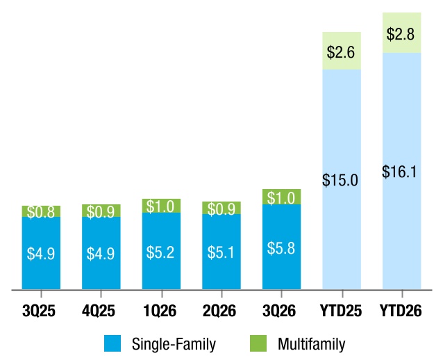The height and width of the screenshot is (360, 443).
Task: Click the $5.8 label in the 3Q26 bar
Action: pos(281,248)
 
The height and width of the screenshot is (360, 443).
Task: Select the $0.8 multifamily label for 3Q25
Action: pos(41,212)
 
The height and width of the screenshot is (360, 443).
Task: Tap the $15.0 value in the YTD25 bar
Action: pos(340,180)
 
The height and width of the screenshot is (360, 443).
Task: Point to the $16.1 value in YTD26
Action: pos(399,172)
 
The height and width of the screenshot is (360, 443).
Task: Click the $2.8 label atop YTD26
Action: pos(401,34)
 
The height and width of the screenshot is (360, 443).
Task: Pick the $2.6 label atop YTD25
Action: pos(341,52)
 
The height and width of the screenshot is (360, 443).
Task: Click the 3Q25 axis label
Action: pos(39,311)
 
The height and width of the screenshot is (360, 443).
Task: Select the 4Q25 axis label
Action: pos(99,311)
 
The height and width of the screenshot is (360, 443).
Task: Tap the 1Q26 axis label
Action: pos(160,311)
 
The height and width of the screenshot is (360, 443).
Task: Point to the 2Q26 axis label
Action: pos(219,311)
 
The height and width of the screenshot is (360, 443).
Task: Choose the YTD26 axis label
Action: pos(401,311)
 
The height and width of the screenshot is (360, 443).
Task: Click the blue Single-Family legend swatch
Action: pos(112,343)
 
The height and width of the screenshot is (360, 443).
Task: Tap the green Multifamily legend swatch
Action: pos(258,343)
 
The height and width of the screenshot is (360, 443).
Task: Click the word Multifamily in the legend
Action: pos(312,344)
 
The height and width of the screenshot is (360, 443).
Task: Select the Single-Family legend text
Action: pos(174,344)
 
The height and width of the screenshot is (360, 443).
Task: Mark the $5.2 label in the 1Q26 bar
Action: pos(160,252)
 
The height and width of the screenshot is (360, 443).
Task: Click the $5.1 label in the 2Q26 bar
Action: pos(221,252)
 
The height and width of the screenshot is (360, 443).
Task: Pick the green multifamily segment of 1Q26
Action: pos(161,206)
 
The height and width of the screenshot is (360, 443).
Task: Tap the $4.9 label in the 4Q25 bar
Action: pos(101,254)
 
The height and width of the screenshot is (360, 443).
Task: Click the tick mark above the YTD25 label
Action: pos(342,294)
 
